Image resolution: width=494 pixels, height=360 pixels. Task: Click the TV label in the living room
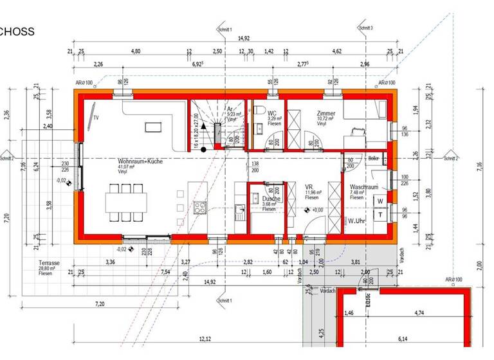[96, 118]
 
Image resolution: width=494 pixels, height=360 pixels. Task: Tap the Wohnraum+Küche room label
[140, 161]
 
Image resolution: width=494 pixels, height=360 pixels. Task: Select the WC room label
[272, 113]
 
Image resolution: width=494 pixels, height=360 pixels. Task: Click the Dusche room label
[271, 199]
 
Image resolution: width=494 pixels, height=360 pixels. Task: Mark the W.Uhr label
[358, 221]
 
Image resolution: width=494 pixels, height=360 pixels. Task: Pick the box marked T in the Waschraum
[380, 215]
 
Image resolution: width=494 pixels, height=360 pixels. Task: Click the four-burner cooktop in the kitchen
[200, 207]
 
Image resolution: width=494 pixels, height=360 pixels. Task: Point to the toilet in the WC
[256, 115]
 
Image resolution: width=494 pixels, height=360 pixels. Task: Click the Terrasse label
[48, 264]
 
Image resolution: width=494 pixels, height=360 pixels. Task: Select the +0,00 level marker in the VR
[317, 210]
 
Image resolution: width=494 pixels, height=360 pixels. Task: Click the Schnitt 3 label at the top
[365, 28]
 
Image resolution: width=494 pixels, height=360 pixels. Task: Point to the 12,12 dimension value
[205, 339]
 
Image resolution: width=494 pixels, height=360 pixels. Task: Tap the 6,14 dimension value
[403, 339]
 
